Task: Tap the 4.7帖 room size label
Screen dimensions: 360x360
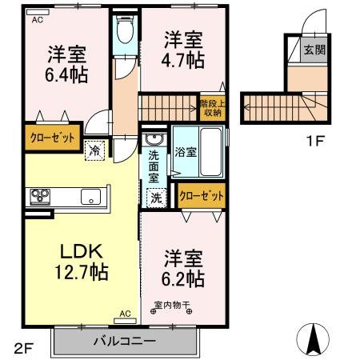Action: coord(182,59)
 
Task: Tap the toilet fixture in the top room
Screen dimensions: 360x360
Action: coord(125,32)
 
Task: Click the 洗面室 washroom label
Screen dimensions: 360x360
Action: coord(154,166)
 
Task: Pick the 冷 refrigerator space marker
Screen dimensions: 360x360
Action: coord(95,150)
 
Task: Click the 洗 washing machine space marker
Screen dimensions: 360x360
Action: coord(154,196)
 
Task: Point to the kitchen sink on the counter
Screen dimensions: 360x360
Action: coord(89,196)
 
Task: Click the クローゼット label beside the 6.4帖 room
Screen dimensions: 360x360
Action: coord(50,138)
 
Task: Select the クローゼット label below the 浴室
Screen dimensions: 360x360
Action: coord(201,194)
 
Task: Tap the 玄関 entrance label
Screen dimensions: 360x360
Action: coord(312,50)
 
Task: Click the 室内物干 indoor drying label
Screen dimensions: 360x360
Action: coord(171,304)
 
